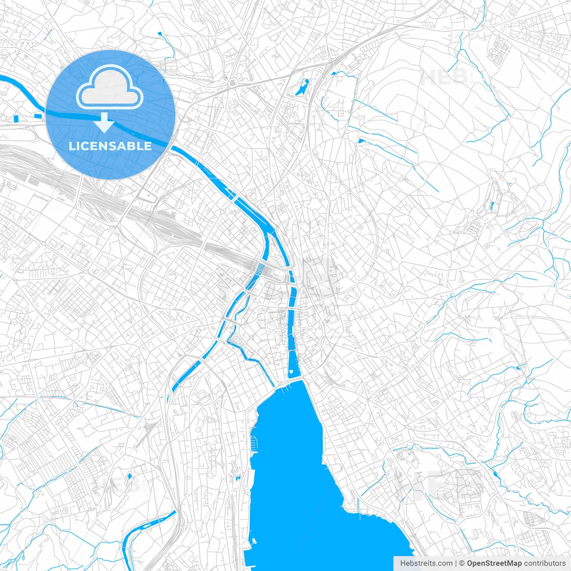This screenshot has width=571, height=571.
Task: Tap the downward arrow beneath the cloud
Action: [x=104, y=123]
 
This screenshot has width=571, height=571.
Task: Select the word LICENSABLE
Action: [x=110, y=146]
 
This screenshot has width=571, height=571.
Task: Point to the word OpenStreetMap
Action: [x=494, y=563]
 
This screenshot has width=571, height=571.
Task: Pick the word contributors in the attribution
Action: [x=545, y=563]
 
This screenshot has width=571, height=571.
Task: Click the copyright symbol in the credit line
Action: [x=462, y=563]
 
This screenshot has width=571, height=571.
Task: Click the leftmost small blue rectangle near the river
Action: [x=17, y=118]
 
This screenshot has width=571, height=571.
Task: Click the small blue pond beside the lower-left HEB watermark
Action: [x=129, y=476]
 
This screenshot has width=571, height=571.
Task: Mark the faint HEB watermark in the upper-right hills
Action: [x=444, y=77]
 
